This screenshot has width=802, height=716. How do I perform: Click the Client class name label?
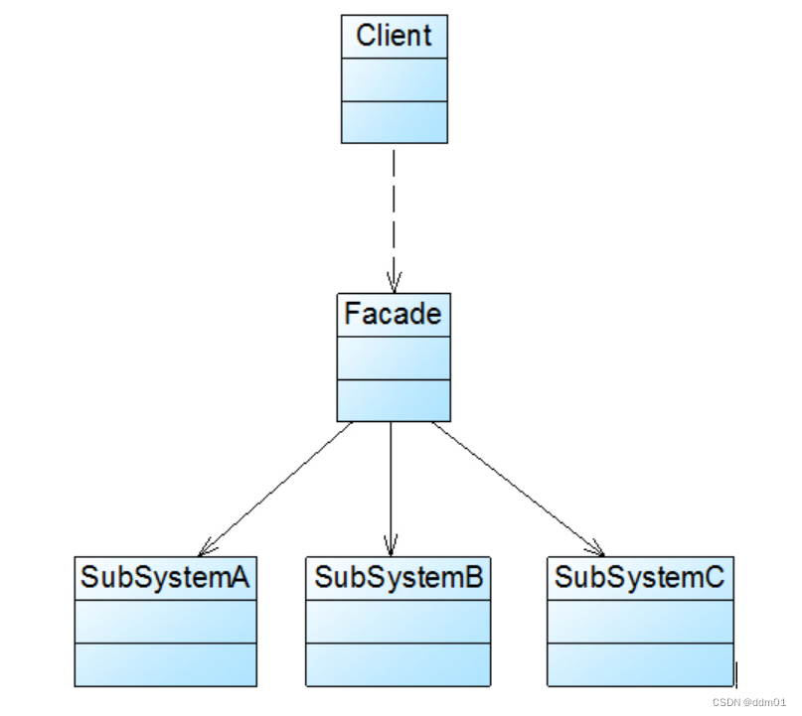[x=394, y=37]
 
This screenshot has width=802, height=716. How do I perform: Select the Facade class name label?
[x=393, y=315]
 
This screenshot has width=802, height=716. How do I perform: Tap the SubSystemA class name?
[x=165, y=577]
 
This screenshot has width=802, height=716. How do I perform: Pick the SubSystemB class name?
[x=398, y=577]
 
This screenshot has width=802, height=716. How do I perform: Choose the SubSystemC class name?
[x=640, y=577]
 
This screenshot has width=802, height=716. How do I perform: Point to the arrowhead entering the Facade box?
[x=394, y=282]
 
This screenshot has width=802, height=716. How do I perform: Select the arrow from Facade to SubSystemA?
[x=278, y=487]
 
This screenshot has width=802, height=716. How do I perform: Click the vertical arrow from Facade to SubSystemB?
[x=391, y=487]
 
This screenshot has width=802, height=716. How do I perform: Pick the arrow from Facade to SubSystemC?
[x=517, y=487]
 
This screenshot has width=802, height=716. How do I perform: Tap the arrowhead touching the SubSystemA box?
[x=206, y=548]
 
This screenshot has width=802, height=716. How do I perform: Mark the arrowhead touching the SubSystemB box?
[x=391, y=547]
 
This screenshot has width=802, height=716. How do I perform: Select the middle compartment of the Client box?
[x=394, y=78]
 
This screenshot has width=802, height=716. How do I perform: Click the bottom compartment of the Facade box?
[x=393, y=399]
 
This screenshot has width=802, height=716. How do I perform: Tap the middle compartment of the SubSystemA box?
[x=165, y=621]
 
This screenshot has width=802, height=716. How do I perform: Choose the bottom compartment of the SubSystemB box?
[x=398, y=663]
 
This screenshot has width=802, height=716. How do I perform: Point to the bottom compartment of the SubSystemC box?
[x=640, y=663]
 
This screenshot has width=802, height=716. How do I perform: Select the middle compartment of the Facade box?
[x=393, y=358]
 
